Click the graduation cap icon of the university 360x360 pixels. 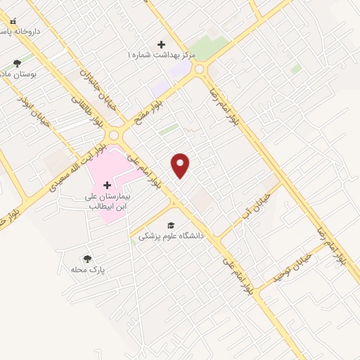click(171, 224)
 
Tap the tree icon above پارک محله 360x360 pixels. click(87, 259)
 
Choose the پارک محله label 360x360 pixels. click(87, 270)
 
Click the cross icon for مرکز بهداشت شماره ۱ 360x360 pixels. click(162, 44)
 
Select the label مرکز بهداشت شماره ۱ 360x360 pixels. click(167, 55)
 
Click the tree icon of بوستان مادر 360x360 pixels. click(17, 63)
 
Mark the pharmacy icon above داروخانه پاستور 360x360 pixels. click(14, 22)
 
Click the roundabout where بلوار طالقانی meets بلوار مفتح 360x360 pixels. click(114, 134)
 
